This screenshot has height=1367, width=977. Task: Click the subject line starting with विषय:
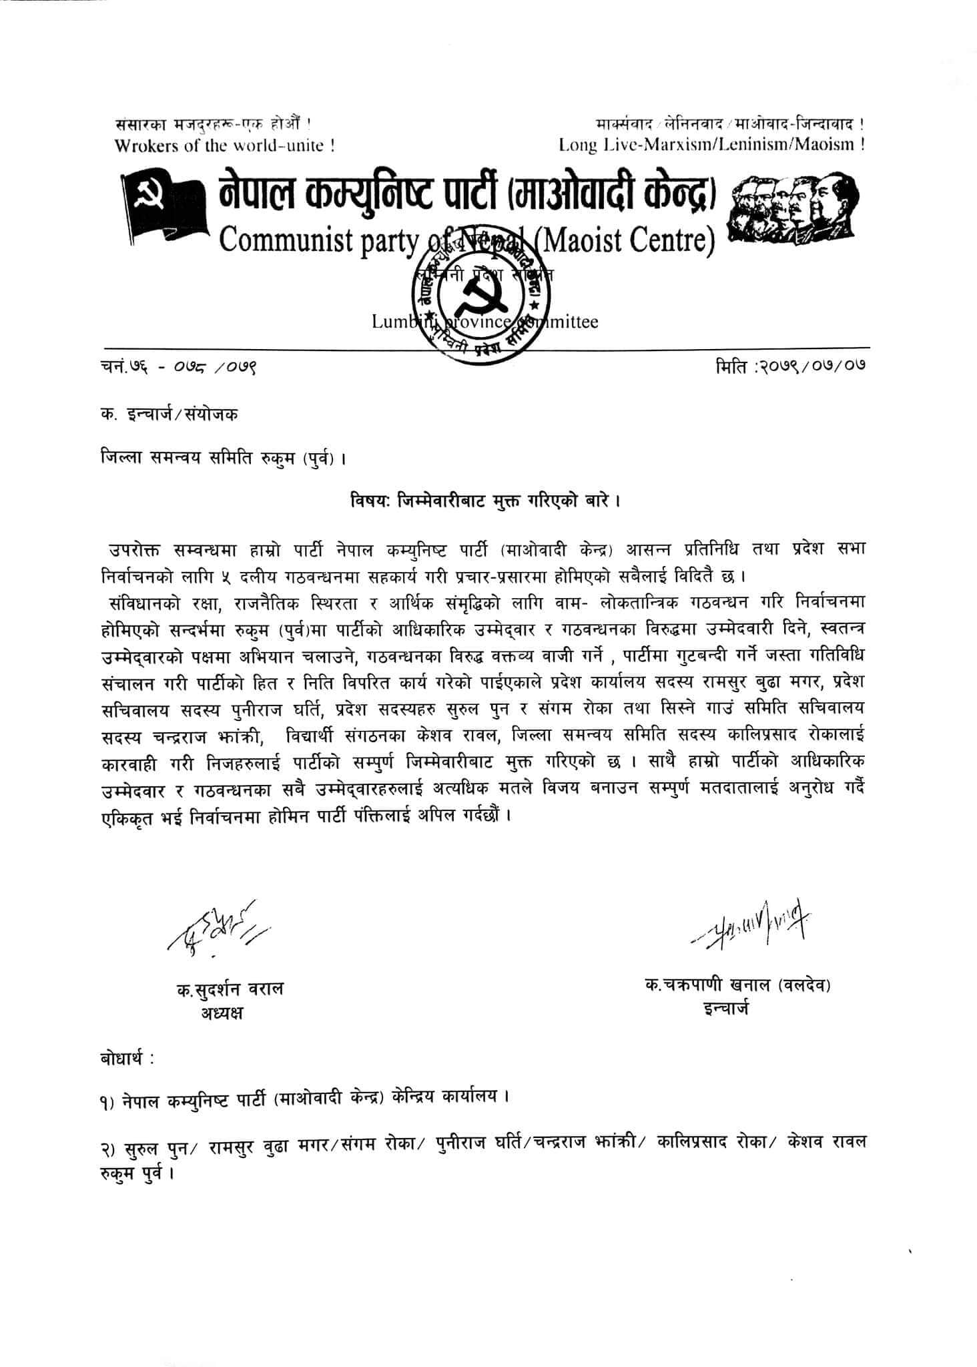coord(487,501)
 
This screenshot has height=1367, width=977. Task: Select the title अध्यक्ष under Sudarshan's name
coord(222,1013)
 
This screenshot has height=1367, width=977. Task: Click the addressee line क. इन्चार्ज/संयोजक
coord(167,414)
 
